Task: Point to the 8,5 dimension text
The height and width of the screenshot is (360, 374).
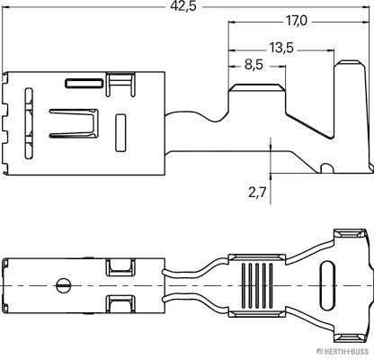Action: [253, 65]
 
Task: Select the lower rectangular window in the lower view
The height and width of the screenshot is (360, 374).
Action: [118, 301]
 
